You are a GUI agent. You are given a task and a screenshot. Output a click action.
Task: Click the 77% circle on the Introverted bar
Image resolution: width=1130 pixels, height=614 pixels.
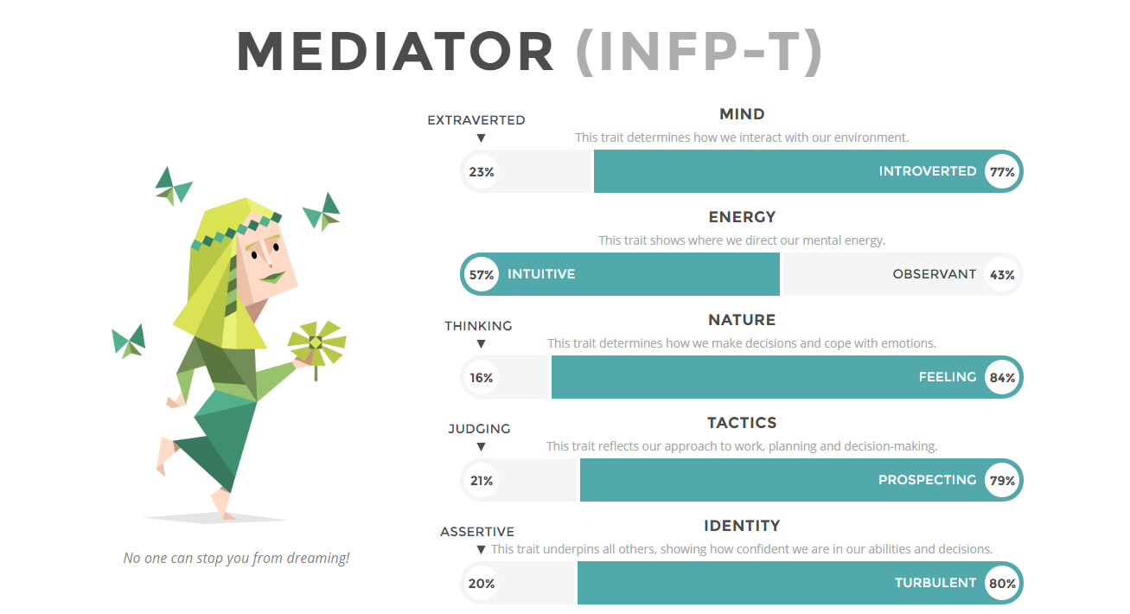click(x=1002, y=171)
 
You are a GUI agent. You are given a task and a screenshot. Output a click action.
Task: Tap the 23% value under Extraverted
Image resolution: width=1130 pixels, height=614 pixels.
click(x=482, y=172)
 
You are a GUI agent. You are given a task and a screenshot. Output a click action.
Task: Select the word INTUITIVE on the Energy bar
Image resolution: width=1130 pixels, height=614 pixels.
click(x=541, y=274)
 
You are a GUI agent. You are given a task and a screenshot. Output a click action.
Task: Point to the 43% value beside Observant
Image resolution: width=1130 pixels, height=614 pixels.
click(x=1002, y=275)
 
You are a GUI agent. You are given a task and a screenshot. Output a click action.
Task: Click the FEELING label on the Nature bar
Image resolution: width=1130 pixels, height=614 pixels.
click(x=948, y=377)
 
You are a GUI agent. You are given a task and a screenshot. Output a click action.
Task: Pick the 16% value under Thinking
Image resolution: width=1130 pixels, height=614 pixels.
click(x=482, y=378)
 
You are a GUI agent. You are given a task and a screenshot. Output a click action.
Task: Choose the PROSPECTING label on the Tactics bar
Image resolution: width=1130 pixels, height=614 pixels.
click(x=927, y=480)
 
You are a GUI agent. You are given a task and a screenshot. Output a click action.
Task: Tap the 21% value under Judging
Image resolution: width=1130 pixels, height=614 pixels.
click(x=482, y=481)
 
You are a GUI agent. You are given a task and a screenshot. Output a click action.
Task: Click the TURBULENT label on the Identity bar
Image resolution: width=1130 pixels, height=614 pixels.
click(x=935, y=583)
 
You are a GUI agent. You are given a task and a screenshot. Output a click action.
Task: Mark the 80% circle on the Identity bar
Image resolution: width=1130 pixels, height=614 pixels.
click(x=1002, y=583)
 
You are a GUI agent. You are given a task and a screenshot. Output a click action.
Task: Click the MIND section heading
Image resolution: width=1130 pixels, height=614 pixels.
click(x=742, y=114)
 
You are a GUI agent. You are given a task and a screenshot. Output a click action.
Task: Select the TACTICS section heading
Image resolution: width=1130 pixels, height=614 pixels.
click(x=742, y=423)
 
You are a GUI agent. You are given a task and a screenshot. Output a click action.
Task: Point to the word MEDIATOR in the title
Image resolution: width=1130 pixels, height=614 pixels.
click(x=395, y=52)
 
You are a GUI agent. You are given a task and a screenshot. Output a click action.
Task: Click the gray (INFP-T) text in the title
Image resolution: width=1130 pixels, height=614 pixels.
click(x=699, y=52)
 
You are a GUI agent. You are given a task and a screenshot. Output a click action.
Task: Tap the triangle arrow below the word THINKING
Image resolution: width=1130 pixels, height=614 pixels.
click(x=482, y=344)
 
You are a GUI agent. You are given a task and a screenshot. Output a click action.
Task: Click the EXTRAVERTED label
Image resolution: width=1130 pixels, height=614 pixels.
click(x=476, y=120)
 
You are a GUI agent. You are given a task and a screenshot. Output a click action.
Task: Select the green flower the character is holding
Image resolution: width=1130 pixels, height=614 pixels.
click(x=316, y=344)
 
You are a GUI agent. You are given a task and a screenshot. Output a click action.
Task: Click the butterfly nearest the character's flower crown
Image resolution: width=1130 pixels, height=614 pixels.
click(x=322, y=212)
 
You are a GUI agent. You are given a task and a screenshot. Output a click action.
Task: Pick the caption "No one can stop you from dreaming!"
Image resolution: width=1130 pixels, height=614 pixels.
click(x=236, y=558)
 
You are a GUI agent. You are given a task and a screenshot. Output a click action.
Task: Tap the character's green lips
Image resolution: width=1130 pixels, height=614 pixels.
click(x=273, y=277)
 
